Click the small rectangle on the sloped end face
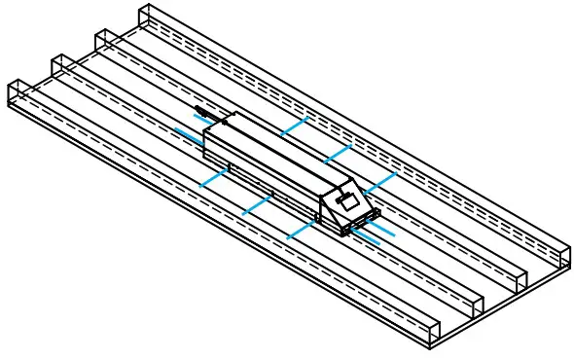(x=347, y=201)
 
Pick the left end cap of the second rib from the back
(x=105, y=42)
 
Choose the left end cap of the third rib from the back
(x=61, y=66)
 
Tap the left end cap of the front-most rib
(x=18, y=91)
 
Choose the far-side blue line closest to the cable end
(x=294, y=126)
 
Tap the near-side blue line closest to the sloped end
(x=303, y=231)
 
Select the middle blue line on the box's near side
(x=257, y=205)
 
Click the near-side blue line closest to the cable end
(x=214, y=178)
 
